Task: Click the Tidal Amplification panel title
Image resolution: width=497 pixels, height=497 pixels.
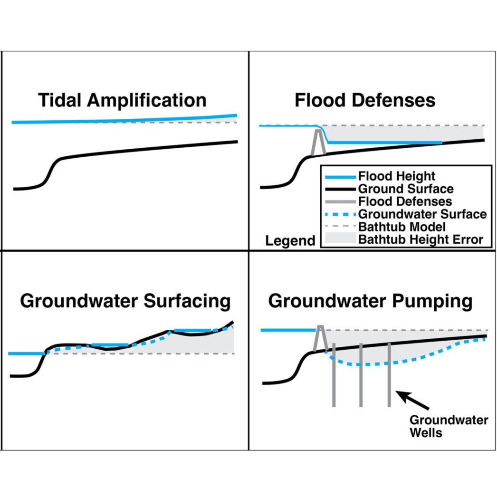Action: (x=122, y=101)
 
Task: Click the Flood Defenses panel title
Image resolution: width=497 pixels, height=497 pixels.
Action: (x=365, y=101)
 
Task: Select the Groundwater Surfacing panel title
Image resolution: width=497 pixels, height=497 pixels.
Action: (x=125, y=301)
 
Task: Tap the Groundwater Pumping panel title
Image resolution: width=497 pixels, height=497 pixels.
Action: (x=370, y=301)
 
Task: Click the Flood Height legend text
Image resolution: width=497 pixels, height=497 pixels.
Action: (x=397, y=176)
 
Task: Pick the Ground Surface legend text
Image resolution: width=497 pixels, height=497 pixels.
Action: (x=406, y=189)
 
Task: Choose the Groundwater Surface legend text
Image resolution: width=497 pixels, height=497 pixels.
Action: (x=422, y=214)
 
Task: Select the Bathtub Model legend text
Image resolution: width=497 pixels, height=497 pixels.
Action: (x=402, y=227)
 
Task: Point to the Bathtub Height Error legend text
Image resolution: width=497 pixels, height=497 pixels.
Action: (x=421, y=239)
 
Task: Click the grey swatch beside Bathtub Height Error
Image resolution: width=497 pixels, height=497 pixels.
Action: (x=338, y=239)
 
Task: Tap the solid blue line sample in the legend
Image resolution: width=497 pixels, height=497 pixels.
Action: (x=338, y=176)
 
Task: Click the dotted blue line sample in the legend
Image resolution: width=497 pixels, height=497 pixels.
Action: (x=338, y=214)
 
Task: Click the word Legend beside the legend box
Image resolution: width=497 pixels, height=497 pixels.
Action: (x=290, y=241)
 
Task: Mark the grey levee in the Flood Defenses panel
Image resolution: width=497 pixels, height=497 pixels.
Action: (x=318, y=142)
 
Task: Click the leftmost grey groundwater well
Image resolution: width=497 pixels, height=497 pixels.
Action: (x=334, y=375)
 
